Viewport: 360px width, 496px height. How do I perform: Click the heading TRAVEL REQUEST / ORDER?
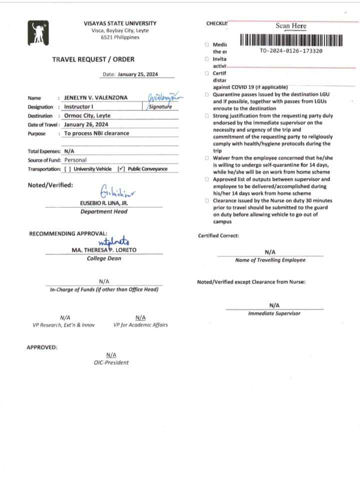tap(93, 59)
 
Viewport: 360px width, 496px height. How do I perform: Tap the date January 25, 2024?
tap(138, 74)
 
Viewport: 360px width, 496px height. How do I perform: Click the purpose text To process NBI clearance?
tap(96, 133)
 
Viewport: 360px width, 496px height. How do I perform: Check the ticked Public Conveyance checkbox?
tap(120, 169)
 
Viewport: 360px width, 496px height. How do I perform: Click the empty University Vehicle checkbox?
tap(67, 169)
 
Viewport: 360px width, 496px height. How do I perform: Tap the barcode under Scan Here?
tap(291, 40)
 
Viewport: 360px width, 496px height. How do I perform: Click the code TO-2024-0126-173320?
tap(291, 51)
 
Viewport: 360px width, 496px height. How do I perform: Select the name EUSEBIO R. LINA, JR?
tap(103, 203)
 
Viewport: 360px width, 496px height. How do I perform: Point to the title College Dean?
tap(104, 258)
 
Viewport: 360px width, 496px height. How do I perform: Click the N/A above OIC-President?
tap(111, 354)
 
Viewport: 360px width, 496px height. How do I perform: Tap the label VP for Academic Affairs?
tap(140, 325)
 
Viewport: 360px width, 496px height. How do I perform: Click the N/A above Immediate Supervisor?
tap(274, 305)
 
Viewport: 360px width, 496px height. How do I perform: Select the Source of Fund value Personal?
tap(75, 160)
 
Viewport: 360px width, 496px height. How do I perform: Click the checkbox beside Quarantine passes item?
tap(206, 94)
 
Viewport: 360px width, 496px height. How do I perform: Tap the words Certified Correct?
tap(218, 235)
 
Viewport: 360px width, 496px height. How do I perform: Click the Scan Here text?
tap(290, 25)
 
